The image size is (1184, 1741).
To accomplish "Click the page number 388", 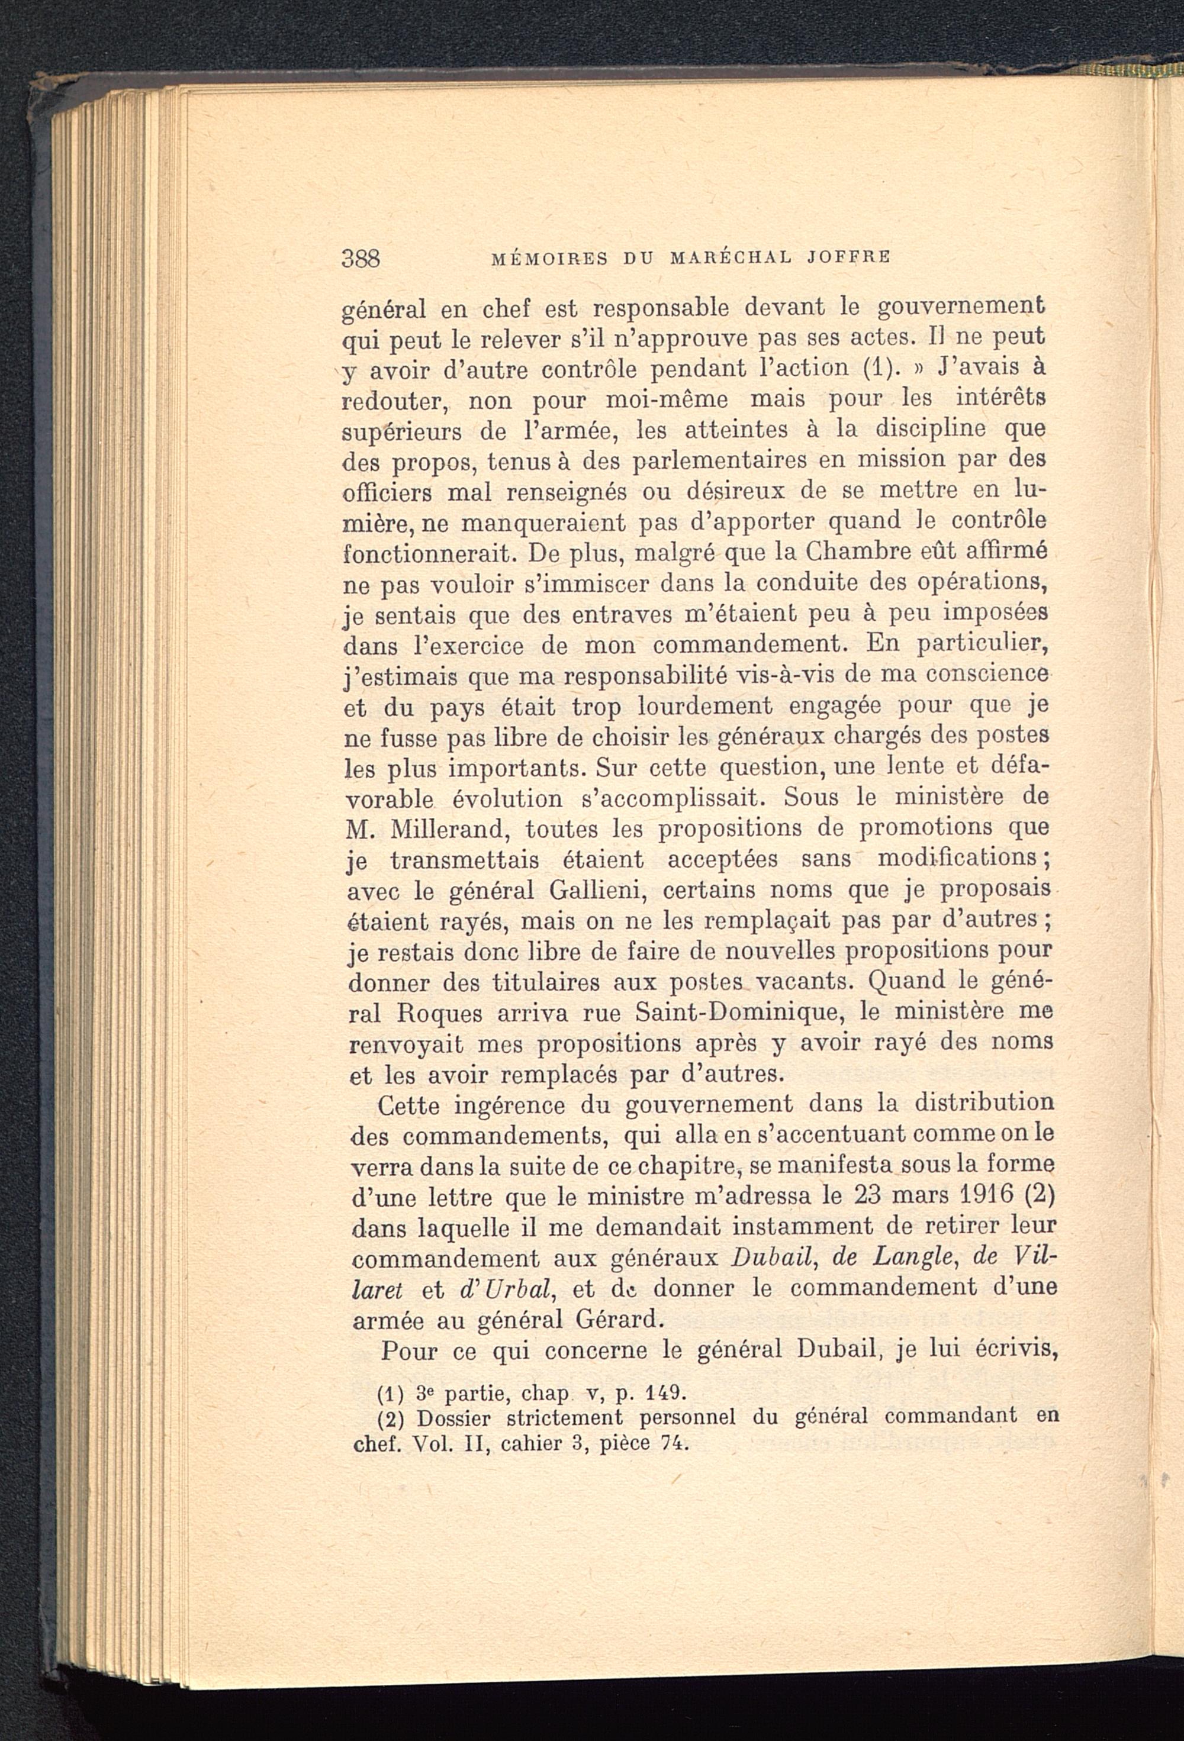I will [x=362, y=259].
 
